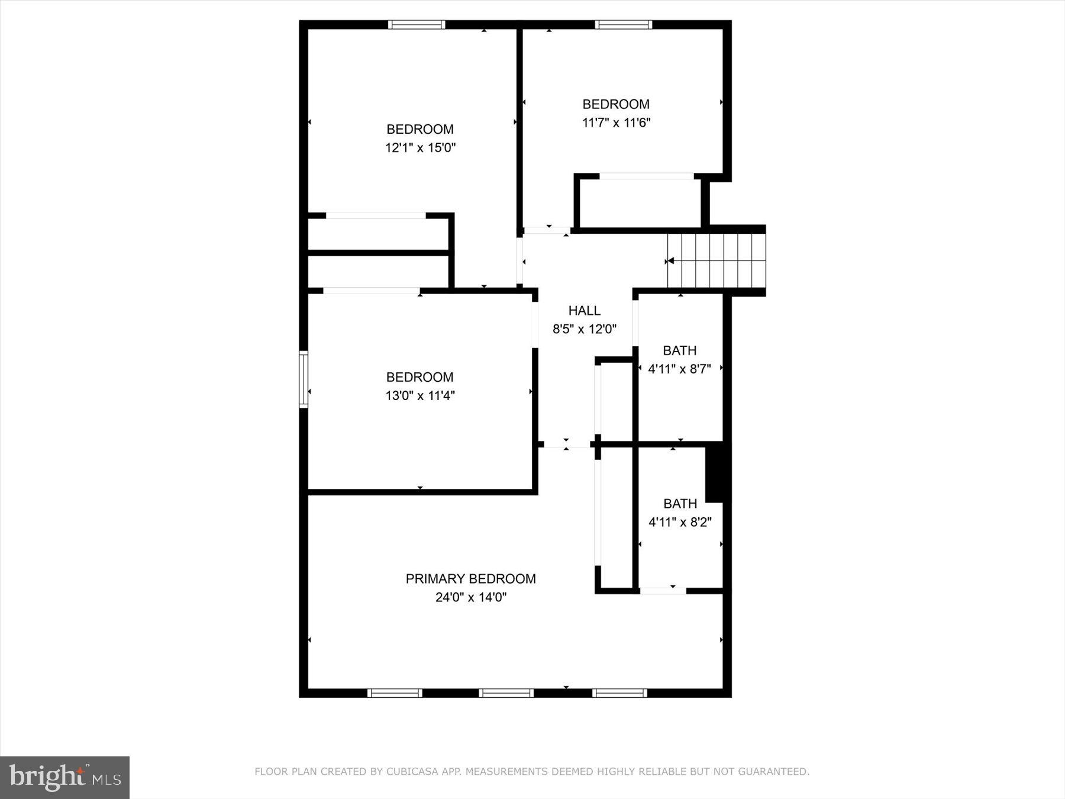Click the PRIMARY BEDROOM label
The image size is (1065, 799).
tap(470, 579)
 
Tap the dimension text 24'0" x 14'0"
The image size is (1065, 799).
tap(470, 597)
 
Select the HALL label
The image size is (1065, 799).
tap(584, 310)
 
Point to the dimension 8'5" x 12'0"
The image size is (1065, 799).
tap(584, 329)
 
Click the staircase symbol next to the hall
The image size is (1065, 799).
tap(716, 260)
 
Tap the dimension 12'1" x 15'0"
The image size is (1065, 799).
tap(420, 147)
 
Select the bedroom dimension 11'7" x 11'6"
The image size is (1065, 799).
tap(616, 123)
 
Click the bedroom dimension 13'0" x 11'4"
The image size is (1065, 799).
tap(420, 395)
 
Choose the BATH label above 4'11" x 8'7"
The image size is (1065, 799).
tap(679, 350)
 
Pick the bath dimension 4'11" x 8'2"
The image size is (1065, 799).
tap(679, 522)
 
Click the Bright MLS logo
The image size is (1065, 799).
tap(64, 777)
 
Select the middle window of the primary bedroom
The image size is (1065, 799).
tap(506, 693)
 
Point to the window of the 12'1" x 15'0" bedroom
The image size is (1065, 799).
tap(417, 25)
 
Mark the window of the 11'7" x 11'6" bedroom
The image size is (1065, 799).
tap(623, 25)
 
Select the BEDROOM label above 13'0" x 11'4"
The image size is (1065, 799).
tap(419, 377)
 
